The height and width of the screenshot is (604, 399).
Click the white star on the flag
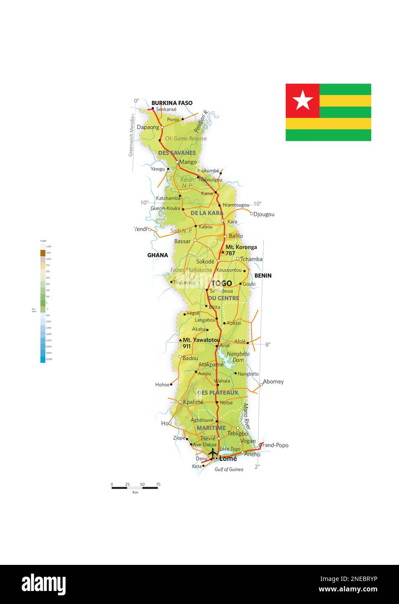(x=303, y=101)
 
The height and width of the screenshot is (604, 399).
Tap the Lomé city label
(x=228, y=458)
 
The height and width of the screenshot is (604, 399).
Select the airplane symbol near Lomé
(x=212, y=453)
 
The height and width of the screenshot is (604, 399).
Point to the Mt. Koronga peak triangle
(x=223, y=252)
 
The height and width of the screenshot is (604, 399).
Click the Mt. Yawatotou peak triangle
(x=180, y=340)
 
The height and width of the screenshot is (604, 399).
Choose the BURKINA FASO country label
(x=172, y=103)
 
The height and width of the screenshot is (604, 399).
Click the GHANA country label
(x=158, y=255)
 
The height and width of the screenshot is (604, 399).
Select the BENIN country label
(x=263, y=275)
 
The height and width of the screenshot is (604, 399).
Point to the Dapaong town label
(x=148, y=127)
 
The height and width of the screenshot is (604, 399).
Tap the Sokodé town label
(x=205, y=262)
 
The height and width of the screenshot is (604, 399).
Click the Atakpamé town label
(x=211, y=365)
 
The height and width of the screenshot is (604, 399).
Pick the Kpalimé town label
(x=193, y=402)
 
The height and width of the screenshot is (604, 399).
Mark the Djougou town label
(x=264, y=214)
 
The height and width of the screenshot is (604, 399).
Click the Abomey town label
(x=273, y=382)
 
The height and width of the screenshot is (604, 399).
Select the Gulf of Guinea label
(x=229, y=469)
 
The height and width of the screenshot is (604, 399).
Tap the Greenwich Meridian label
(x=131, y=135)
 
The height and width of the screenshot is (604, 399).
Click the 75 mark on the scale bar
(x=158, y=484)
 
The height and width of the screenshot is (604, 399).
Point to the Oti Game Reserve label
(x=186, y=139)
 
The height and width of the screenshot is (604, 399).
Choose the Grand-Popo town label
(x=274, y=445)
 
